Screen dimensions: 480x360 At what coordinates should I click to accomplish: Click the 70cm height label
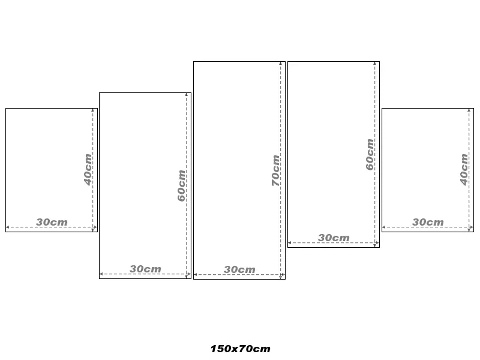coord(275,170)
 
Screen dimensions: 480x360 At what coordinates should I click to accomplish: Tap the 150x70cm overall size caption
coord(241,349)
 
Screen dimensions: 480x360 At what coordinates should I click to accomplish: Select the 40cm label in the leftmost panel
coord(88,170)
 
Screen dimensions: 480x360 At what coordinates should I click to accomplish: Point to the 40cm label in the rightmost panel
coord(464,170)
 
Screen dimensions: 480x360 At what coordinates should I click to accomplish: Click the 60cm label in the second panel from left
coord(182,186)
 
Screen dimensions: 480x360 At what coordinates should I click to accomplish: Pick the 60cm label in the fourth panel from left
coord(370,154)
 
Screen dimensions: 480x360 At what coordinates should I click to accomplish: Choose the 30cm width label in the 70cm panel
coord(239,269)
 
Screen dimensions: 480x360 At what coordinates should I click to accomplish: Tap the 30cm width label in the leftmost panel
coord(52,222)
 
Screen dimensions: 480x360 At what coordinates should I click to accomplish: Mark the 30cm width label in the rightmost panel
coord(428,222)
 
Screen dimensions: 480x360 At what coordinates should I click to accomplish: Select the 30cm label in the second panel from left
coord(145,269)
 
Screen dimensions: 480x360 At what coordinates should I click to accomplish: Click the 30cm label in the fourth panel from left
coord(334,238)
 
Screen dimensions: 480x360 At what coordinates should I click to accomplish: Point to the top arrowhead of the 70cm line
coord(280,64)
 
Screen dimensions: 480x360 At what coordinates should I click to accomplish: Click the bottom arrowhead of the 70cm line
coord(280,277)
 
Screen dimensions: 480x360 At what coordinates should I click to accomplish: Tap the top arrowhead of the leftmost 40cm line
coord(93,110)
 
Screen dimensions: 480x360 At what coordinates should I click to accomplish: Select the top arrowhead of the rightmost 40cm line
coord(469,110)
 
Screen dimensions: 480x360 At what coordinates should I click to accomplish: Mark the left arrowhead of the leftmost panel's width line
coord(8,227)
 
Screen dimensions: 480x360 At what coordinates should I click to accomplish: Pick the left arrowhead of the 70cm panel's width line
coord(196,275)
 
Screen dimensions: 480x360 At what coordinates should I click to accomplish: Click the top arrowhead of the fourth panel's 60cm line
coord(374,64)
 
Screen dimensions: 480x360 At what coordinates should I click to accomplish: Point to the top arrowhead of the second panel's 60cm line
coord(187,95)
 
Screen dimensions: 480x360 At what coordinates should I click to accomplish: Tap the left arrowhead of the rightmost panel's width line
coord(384,227)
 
